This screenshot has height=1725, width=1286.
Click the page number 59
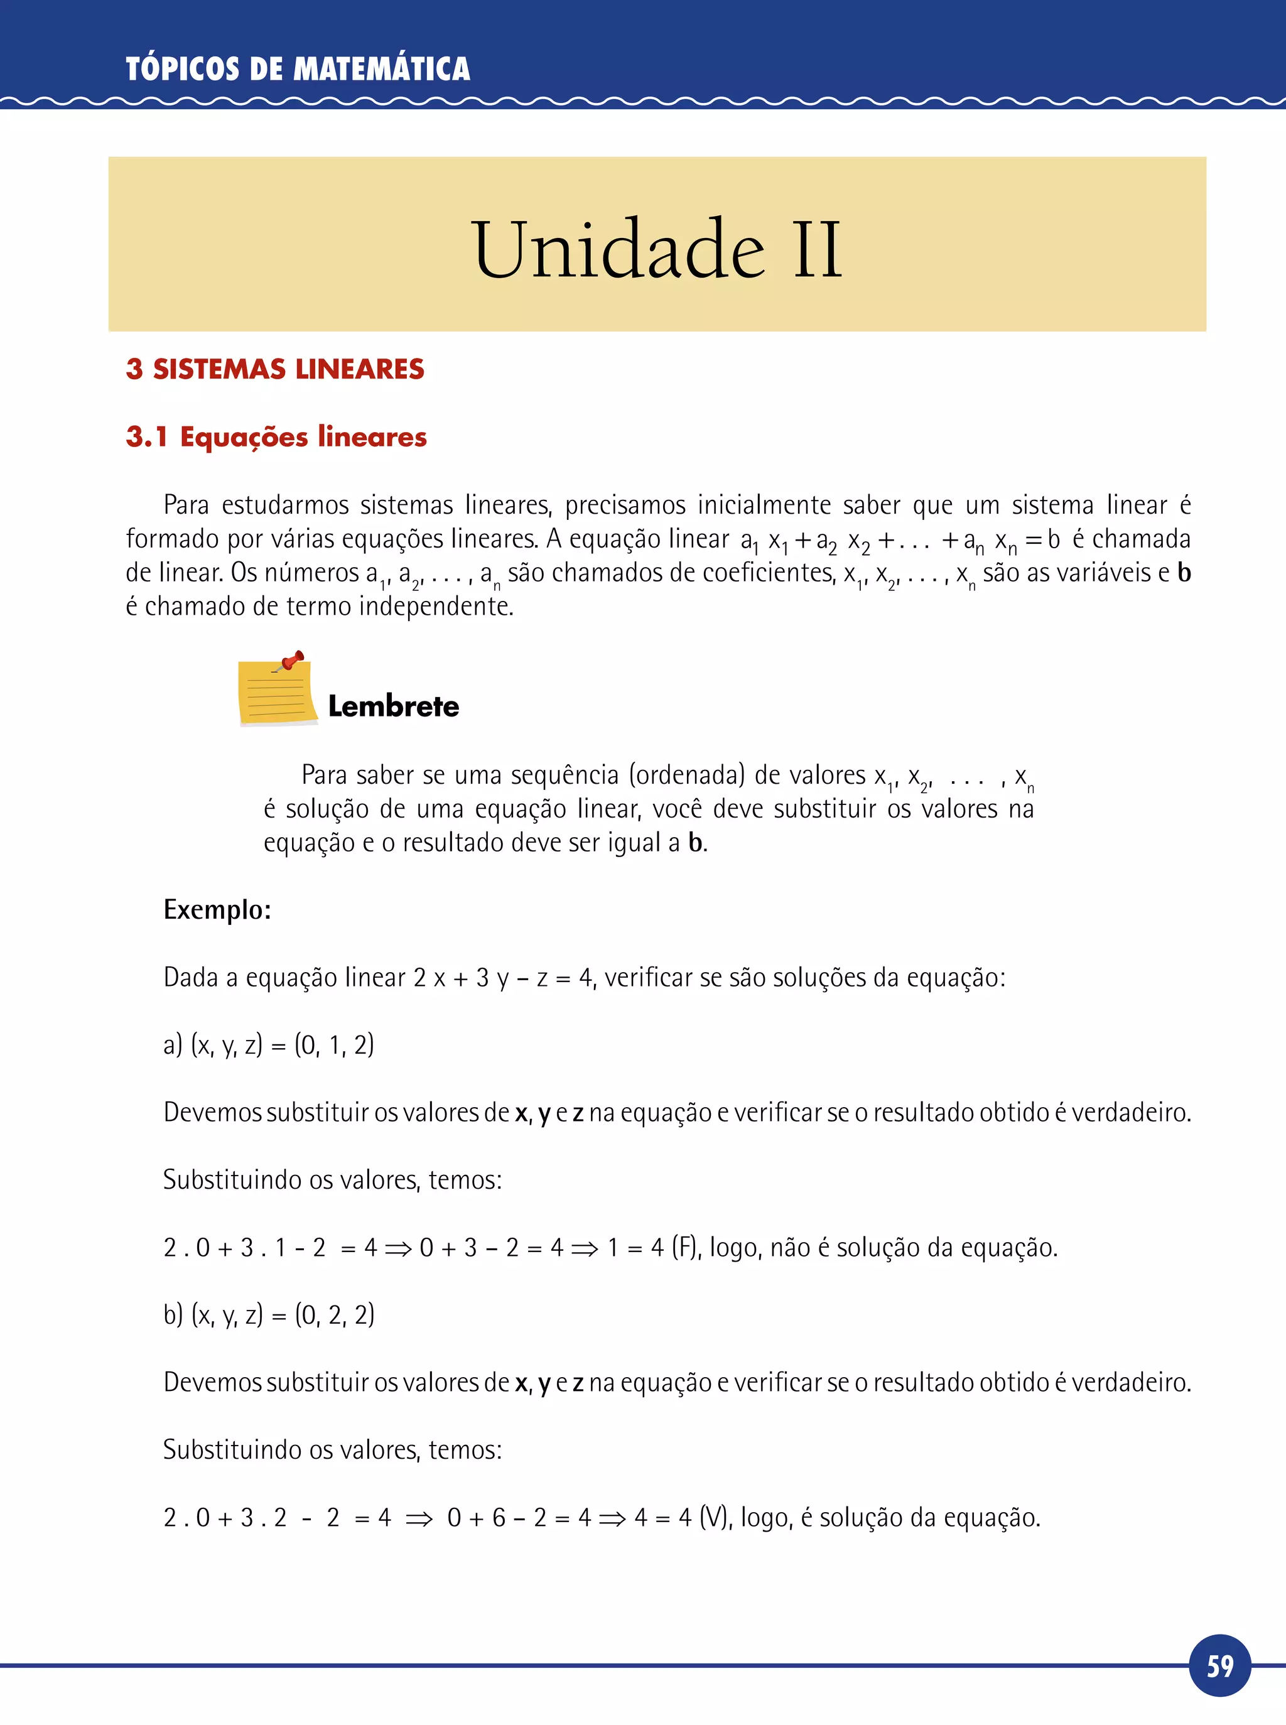(1220, 1665)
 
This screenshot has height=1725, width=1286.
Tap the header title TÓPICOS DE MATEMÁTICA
(298, 69)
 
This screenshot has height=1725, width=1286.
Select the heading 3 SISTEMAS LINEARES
(275, 369)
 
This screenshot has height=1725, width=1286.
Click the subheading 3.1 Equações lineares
(276, 436)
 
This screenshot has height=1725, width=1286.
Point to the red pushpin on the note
(291, 661)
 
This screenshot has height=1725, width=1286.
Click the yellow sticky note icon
(276, 692)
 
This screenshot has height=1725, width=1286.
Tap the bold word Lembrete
(393, 706)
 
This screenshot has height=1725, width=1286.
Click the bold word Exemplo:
(217, 909)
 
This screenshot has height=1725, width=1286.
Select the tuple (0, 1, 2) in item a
(334, 1045)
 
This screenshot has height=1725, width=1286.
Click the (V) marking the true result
(715, 1517)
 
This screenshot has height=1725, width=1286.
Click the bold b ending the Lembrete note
(695, 842)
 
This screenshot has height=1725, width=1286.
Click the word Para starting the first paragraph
(186, 506)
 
